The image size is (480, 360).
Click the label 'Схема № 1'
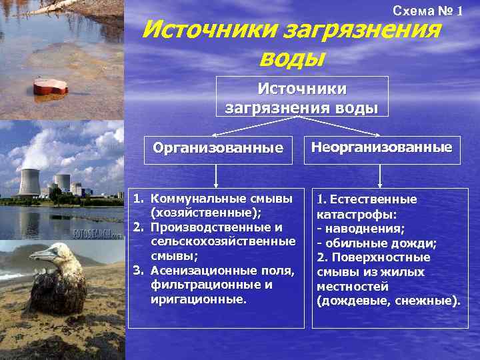point(427,11)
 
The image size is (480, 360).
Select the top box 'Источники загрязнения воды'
point(302,97)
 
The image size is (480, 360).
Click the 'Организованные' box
point(217,148)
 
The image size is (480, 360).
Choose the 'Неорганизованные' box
point(381,147)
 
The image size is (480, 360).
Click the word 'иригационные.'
point(198,299)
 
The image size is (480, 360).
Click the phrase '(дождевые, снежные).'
point(389,301)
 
